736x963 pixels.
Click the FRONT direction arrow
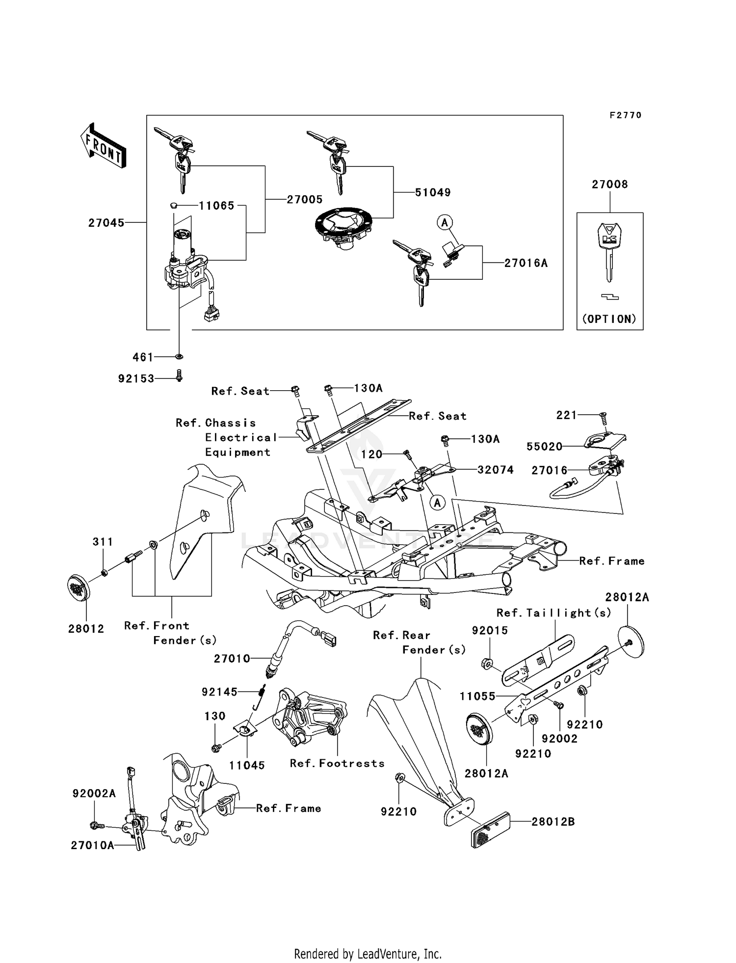coord(103,146)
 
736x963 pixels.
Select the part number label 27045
coord(106,223)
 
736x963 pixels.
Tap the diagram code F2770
coord(626,115)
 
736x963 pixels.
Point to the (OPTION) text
coord(609,319)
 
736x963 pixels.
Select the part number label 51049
coord(433,192)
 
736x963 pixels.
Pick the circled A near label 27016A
coord(445,223)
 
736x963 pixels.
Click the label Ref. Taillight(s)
coord(554,613)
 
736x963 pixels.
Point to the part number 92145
coord(219,692)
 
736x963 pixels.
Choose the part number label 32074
coord(496,470)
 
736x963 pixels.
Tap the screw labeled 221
coord(604,417)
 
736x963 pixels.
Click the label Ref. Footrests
coord(337,763)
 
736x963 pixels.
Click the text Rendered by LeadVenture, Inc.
coord(368,954)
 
